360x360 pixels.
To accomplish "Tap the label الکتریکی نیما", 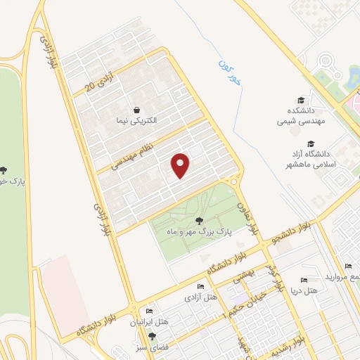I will [137, 120].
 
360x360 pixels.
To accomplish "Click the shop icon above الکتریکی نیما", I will [136, 110].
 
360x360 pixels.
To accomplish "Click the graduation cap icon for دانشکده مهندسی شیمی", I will [301, 101].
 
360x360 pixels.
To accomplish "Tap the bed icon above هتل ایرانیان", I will [149, 311].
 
